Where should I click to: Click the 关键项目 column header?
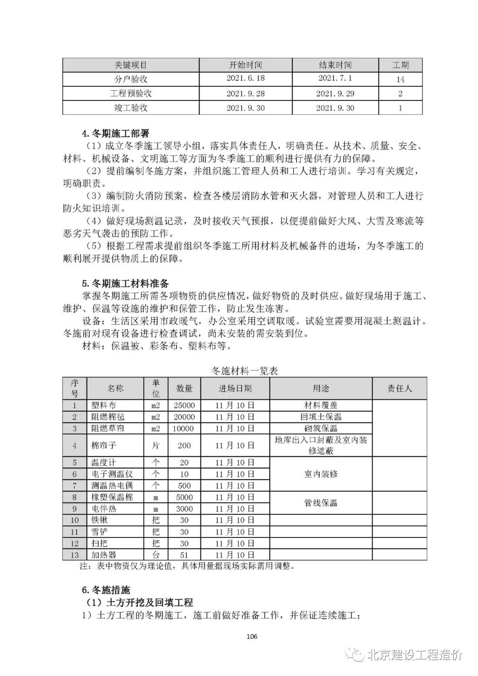[131, 65]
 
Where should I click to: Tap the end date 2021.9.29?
[335, 93]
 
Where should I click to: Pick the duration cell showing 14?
[400, 79]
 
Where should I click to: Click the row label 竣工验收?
[131, 108]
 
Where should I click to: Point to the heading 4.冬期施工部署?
[116, 133]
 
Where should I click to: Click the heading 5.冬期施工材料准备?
[125, 284]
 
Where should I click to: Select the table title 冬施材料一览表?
[245, 371]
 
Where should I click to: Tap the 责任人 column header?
[399, 388]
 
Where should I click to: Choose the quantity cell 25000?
[184, 405]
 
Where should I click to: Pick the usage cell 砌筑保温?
[320, 428]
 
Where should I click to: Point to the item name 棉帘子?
[104, 445]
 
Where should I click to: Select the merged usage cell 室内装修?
[320, 474]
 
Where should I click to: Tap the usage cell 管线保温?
[320, 503]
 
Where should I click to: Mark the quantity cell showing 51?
[184, 555]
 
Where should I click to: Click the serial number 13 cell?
[74, 555]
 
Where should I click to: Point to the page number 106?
[251, 637]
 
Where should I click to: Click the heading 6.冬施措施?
[106, 590]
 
